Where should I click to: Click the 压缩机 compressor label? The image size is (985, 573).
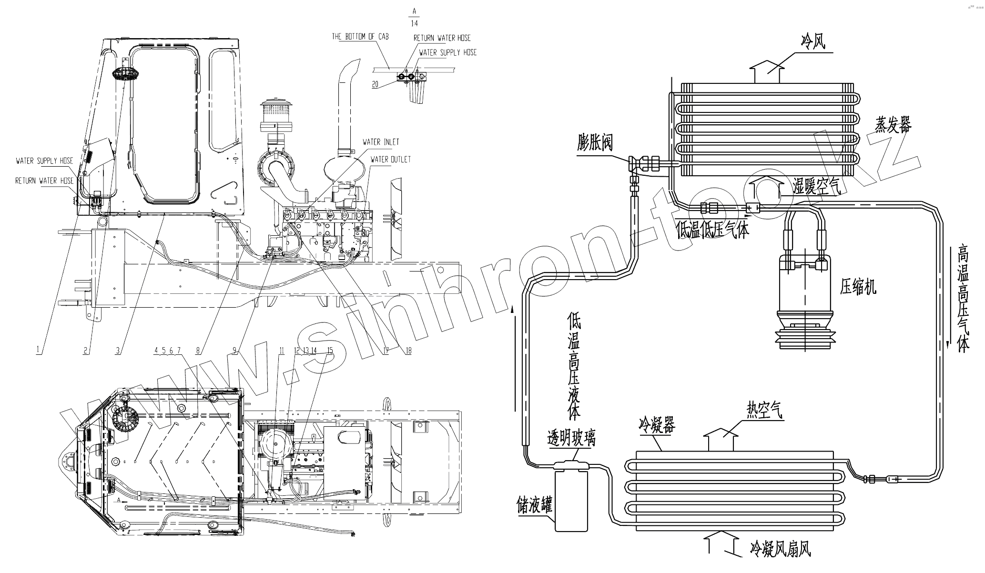858,288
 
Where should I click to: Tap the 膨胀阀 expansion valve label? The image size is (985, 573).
595,142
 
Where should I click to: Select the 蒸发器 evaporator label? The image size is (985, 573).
893,126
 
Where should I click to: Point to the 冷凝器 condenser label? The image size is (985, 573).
657,426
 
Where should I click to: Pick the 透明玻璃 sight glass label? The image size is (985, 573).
571,438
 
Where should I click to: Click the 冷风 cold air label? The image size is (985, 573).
812,43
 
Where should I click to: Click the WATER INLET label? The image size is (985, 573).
381,142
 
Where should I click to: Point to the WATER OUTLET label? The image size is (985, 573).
390,160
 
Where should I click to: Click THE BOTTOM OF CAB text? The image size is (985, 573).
360,37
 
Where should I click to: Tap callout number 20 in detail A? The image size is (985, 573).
375,85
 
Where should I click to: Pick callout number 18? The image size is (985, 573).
408,351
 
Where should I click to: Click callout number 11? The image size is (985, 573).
282,351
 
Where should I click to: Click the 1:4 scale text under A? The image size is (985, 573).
414,23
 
